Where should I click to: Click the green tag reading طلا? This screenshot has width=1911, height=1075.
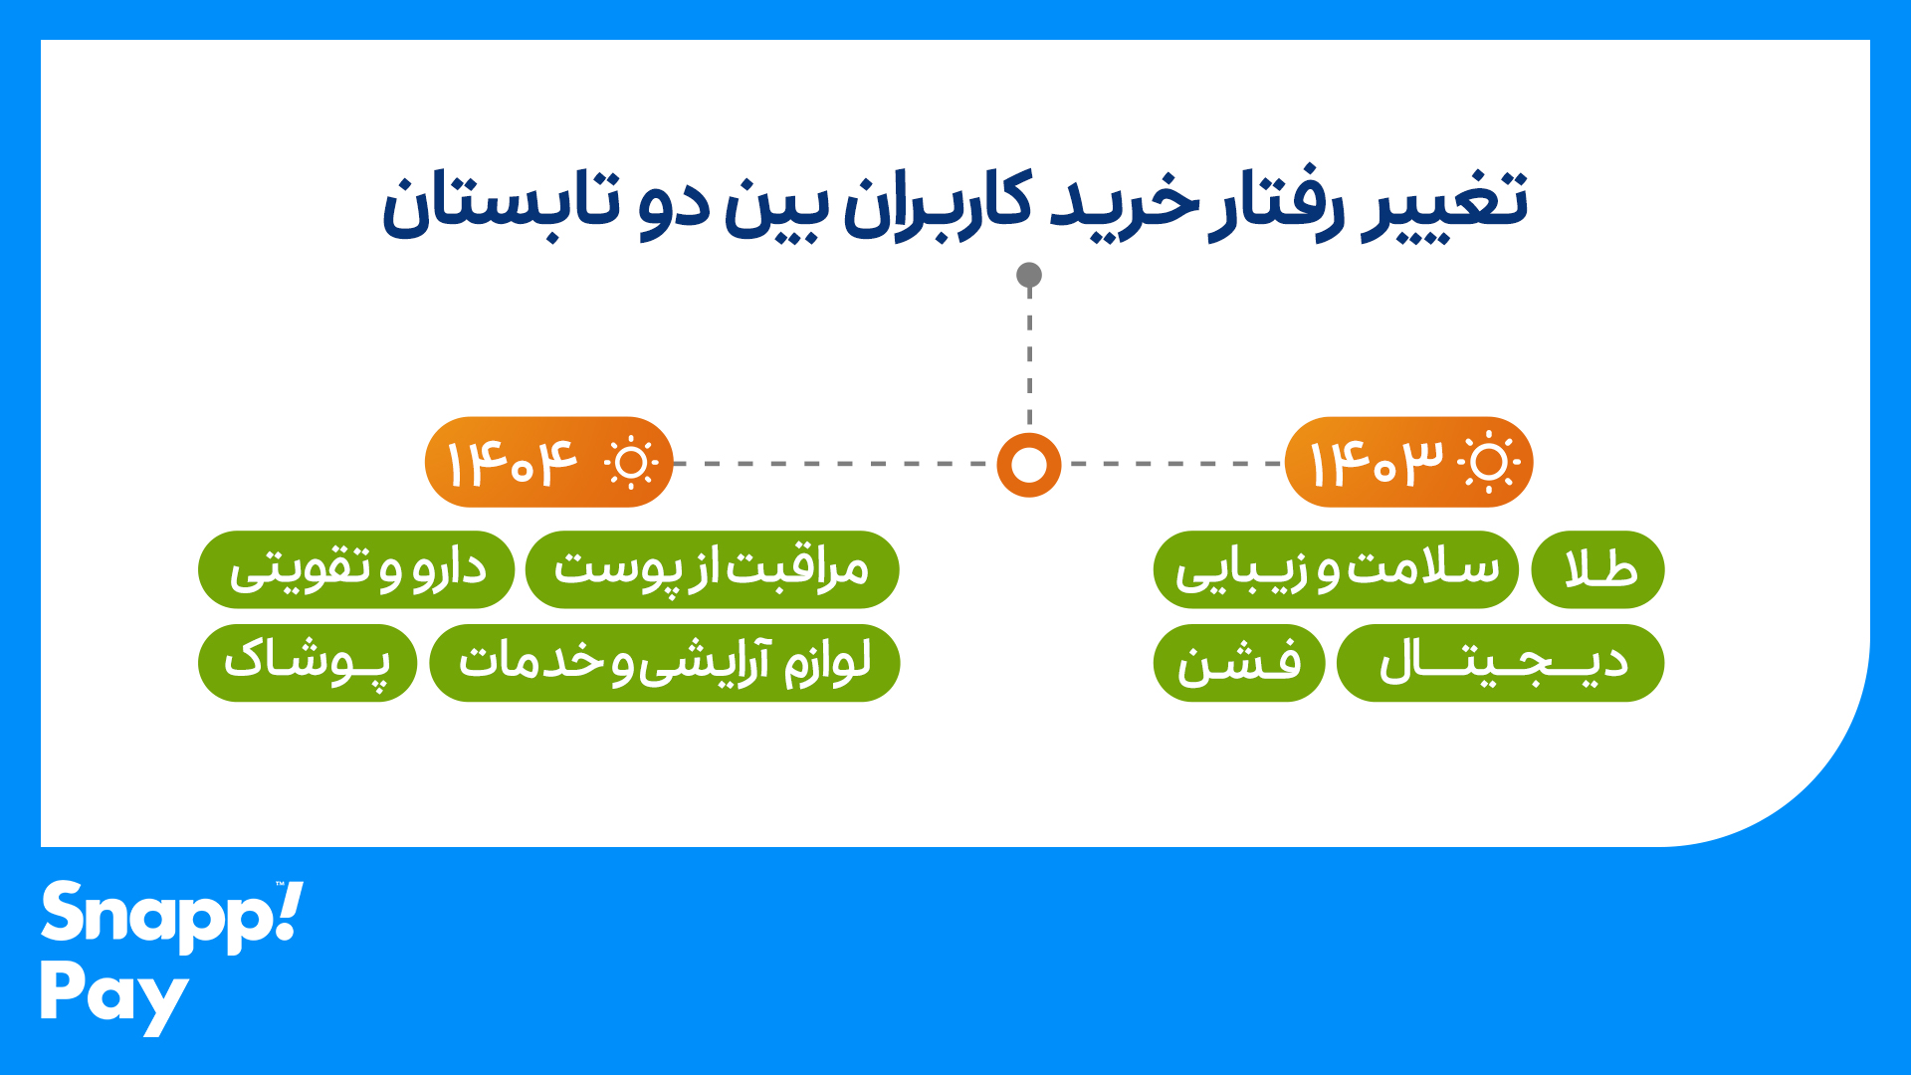pos(1597,569)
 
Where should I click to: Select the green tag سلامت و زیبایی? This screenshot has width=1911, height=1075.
pos(1336,569)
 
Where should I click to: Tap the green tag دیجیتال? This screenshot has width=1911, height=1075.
pos(1500,663)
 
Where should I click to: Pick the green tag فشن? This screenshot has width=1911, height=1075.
pos(1239,663)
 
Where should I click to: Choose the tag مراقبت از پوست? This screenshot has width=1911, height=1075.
pos(712,569)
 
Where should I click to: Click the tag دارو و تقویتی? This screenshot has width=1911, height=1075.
pos(356,569)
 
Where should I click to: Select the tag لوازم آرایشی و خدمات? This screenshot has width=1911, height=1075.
pos(664,663)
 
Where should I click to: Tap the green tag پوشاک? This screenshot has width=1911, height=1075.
pos(308,663)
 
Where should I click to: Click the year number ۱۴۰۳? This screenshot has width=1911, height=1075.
pos(1375,463)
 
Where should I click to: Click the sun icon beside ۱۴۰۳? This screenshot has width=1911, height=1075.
pos(1489,463)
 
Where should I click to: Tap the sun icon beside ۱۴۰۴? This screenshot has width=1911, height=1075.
pos(630,463)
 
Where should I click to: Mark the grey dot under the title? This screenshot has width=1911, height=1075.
pos(1029,275)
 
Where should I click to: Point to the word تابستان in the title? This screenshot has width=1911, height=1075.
pos(502,204)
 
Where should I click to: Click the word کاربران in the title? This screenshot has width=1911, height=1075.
pos(938,204)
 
